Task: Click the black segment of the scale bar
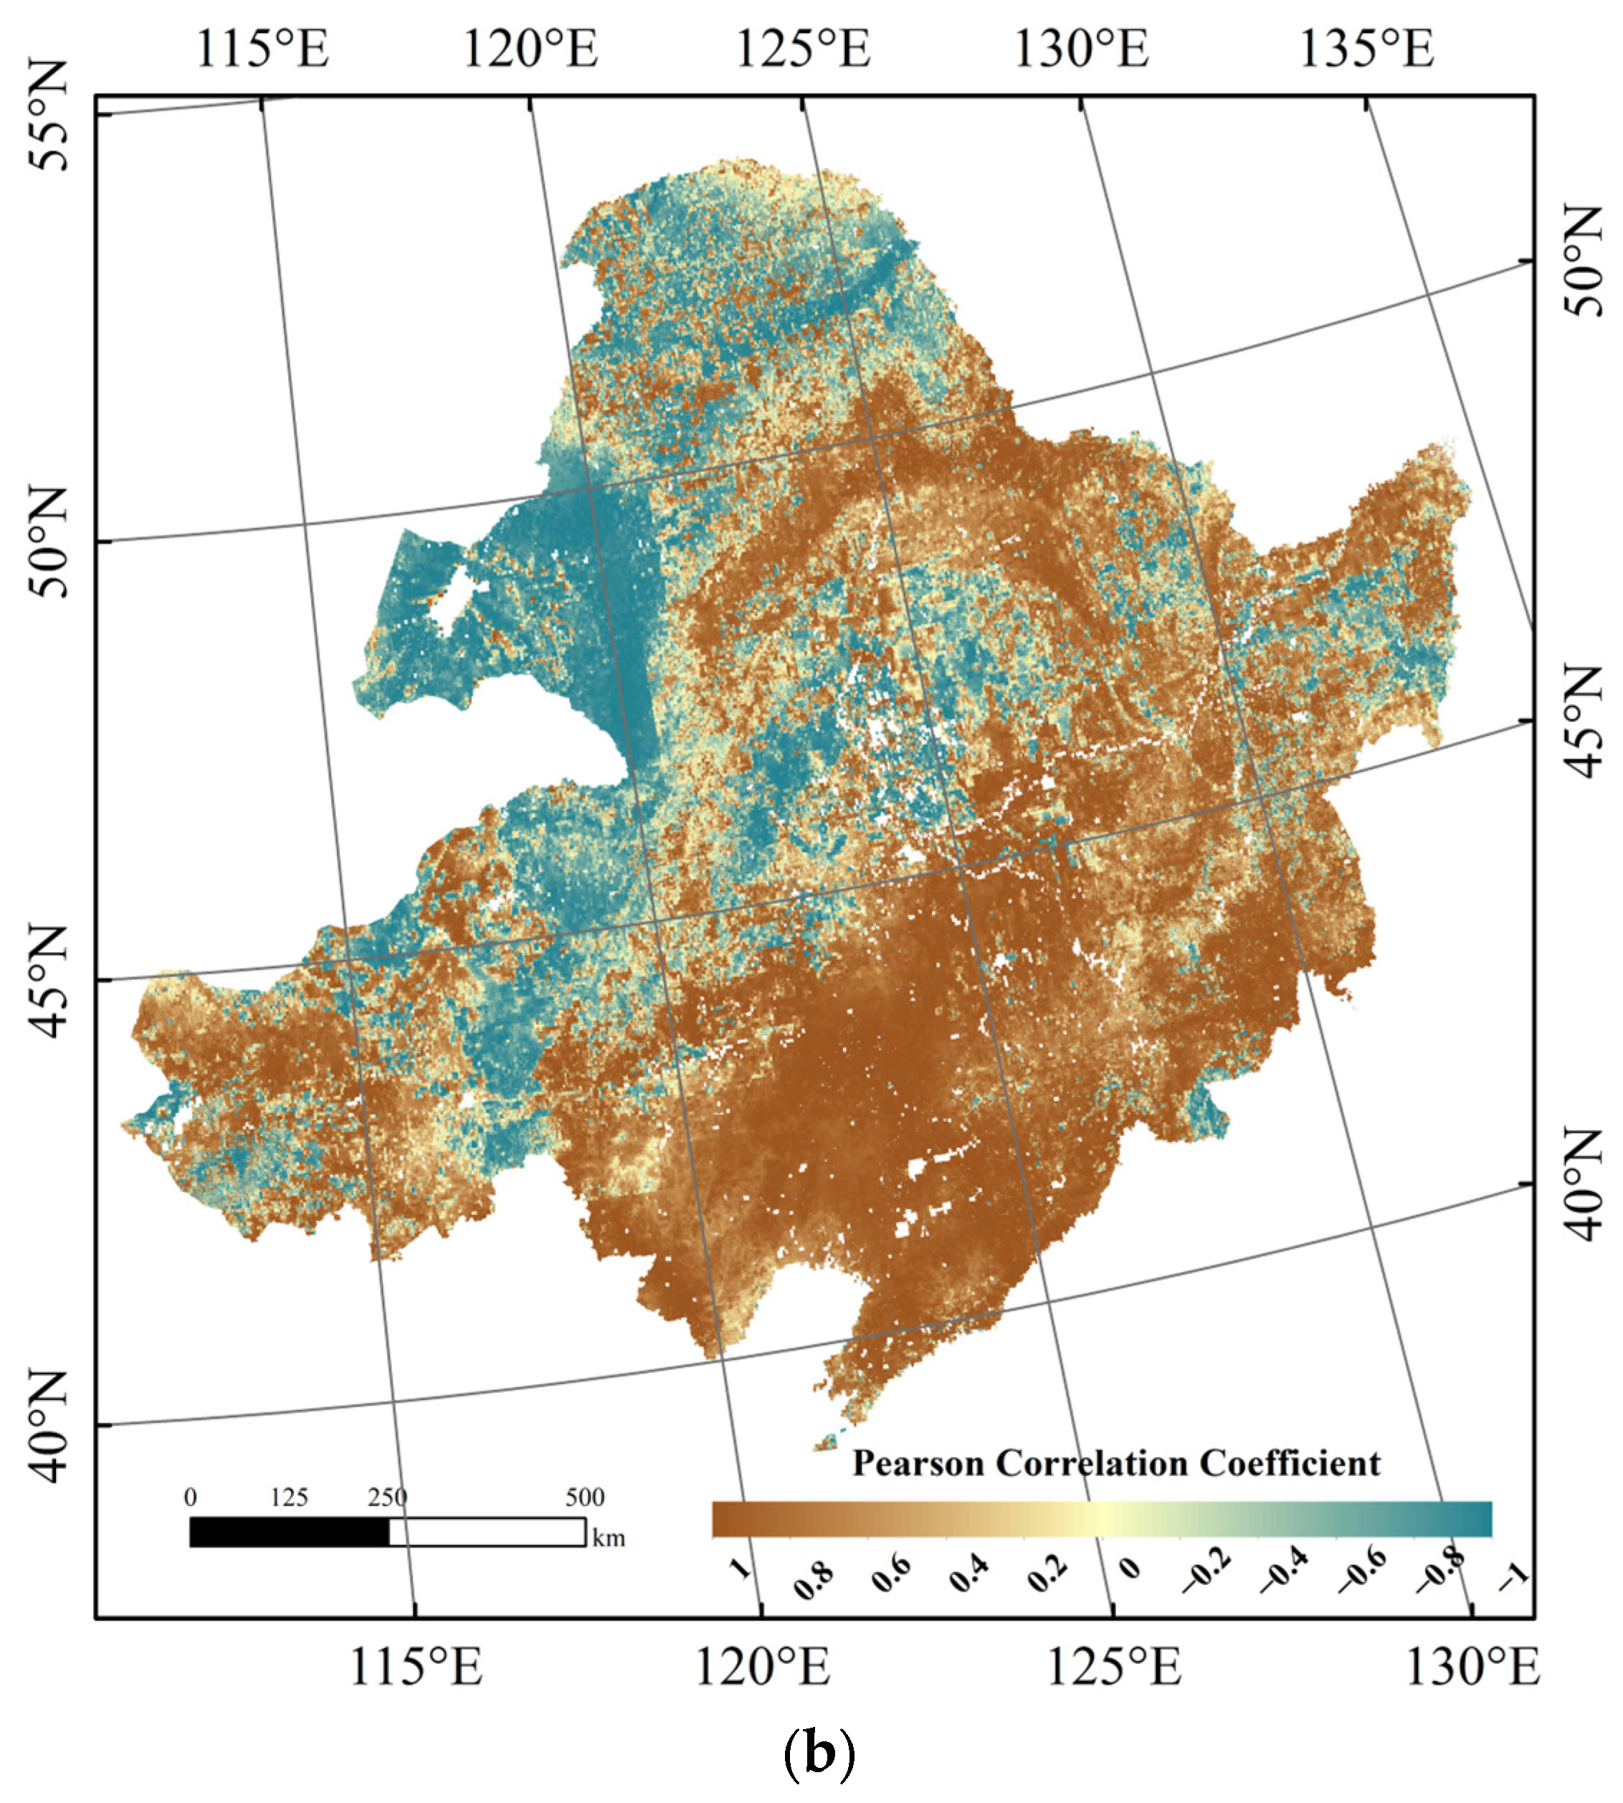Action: (289, 1532)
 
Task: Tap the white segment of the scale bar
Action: (487, 1532)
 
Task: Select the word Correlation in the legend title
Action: (1093, 1463)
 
